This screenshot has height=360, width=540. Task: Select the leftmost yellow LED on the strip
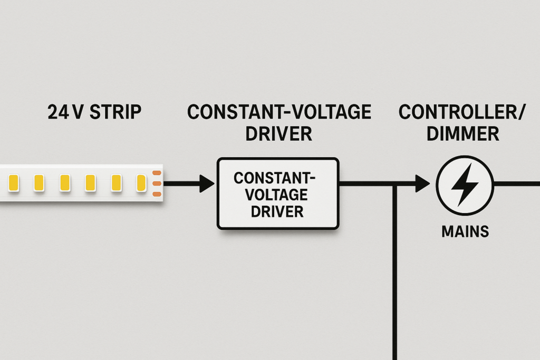point(13,183)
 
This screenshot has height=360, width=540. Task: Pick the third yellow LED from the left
point(64,183)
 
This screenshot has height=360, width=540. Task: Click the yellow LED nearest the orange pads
point(141,183)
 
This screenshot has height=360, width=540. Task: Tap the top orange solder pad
point(156,173)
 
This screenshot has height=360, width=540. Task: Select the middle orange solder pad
point(156,183)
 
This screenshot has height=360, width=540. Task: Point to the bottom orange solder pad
point(156,194)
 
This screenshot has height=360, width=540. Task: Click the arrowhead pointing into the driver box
point(207,183)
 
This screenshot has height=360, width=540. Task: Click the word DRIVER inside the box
point(277,212)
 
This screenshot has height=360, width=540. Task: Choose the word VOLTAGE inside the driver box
point(277,195)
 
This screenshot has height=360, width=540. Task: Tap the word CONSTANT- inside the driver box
point(277,178)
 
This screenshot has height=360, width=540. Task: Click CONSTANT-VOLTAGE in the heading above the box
point(279,112)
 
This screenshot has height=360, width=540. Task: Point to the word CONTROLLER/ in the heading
point(460,112)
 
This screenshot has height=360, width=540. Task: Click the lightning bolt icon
point(465,184)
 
